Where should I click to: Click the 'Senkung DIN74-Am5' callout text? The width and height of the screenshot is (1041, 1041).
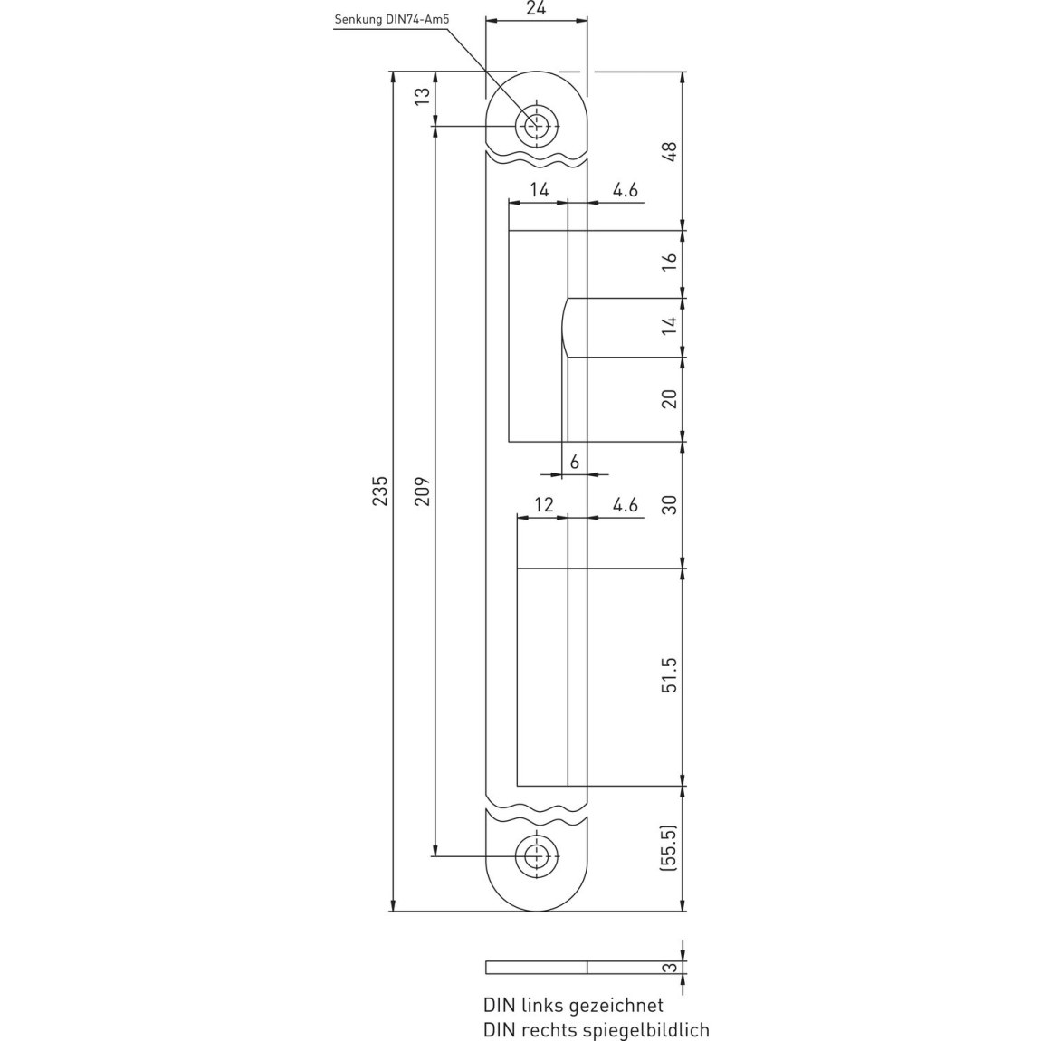[x=392, y=19]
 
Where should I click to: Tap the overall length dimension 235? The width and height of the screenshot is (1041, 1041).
[x=379, y=491]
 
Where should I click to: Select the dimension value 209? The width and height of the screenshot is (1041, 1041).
[x=422, y=491]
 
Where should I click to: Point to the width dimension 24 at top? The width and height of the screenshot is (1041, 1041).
[x=536, y=9]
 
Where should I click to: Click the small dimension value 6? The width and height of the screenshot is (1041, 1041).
[x=574, y=461]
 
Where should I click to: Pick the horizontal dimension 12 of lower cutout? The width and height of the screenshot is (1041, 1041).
[x=544, y=504]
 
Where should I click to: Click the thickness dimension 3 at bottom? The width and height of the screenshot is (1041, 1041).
[x=672, y=968]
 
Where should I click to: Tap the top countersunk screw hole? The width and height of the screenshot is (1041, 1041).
[x=536, y=126]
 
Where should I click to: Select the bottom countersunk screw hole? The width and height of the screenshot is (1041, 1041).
[x=536, y=856]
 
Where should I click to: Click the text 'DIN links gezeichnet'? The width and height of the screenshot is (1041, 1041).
[x=574, y=1005]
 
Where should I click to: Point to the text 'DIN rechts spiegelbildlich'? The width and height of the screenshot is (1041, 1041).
[x=597, y=1030]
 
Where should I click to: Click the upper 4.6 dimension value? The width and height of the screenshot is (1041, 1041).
[x=625, y=190]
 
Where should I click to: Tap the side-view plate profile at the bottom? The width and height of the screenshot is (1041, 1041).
[x=537, y=968]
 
